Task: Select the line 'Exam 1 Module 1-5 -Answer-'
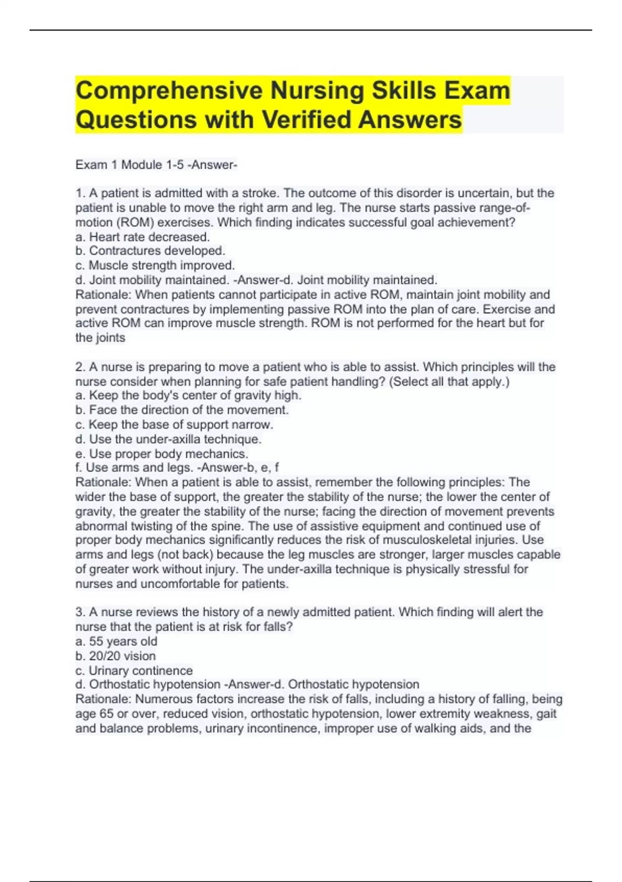[x=156, y=165]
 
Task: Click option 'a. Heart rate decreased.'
[x=143, y=237]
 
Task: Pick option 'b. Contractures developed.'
[x=150, y=251]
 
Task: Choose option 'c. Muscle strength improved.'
[x=155, y=266]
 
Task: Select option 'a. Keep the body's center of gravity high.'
[x=188, y=395]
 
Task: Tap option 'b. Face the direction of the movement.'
[x=182, y=410]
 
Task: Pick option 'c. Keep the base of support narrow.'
[x=174, y=424]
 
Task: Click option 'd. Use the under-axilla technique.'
[x=168, y=439]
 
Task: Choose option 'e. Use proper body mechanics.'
[x=162, y=454]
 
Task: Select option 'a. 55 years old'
[x=116, y=641]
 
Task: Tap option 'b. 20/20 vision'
[x=116, y=656]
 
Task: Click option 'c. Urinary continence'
[x=134, y=670]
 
